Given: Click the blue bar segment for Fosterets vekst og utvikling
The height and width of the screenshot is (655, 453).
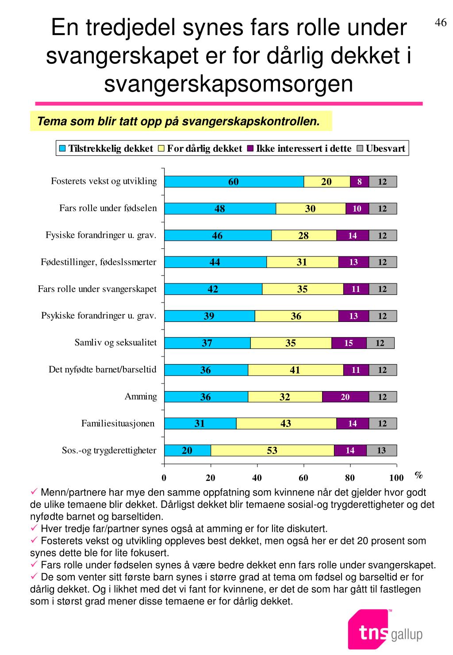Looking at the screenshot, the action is coord(234,182).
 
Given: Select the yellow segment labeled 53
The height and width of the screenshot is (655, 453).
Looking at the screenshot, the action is coord(272,450).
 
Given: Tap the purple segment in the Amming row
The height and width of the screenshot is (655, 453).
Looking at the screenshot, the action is coord(346,397).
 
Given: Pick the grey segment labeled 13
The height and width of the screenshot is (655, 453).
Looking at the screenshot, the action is coord(381,450).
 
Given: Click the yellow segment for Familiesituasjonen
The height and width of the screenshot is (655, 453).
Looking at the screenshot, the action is coord(286,423).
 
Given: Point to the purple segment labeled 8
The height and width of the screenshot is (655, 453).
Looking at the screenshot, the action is coord(360,182).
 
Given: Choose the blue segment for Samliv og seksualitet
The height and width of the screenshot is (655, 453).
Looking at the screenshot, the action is coord(207,343).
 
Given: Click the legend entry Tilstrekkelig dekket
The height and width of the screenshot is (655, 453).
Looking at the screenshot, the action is coord(106,148).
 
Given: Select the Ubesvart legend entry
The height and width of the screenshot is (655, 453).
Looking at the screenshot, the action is coord(381,148).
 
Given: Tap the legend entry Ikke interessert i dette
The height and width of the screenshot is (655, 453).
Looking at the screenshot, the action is coord(299,148).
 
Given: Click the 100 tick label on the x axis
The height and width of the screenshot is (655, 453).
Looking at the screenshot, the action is coord(396,478).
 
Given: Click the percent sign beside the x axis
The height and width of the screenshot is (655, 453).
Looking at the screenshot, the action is coord(418,475).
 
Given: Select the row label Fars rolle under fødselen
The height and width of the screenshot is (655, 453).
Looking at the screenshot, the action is coord(108,208).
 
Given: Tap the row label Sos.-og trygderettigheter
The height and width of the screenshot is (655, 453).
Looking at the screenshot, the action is coord(109,450).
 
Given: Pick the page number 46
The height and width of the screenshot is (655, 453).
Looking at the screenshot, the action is coord(441,23).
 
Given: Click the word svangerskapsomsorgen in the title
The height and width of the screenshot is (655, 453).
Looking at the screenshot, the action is coord(228,84).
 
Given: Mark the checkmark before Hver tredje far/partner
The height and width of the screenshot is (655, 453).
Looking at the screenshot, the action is coord(34,527).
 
